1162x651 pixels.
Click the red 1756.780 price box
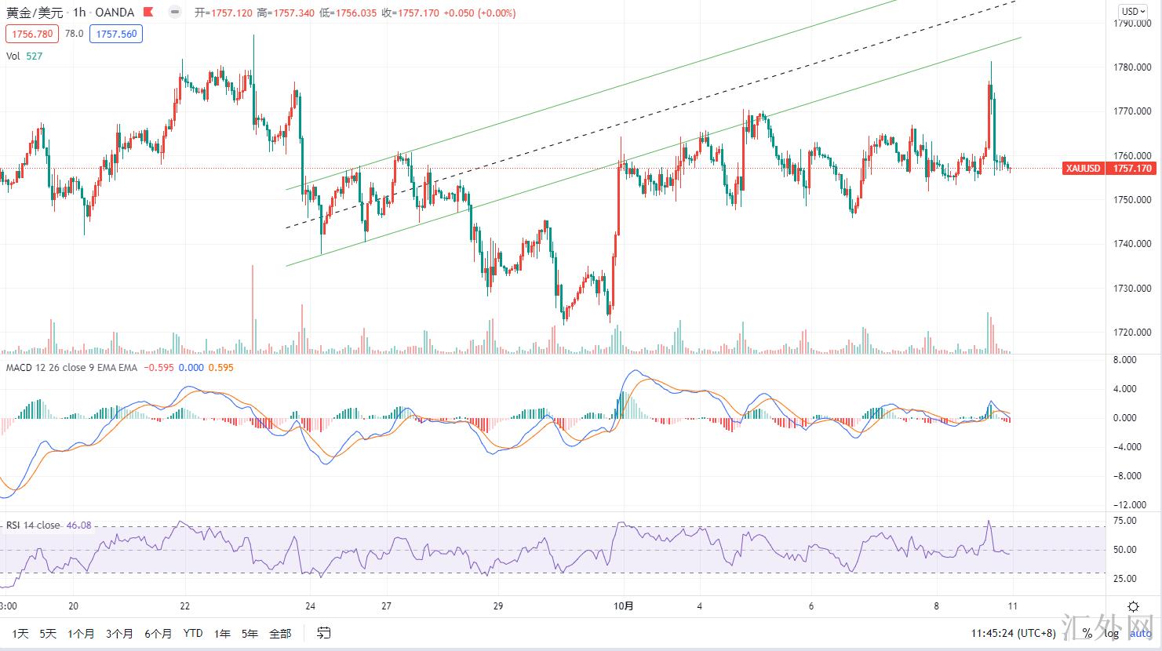32,34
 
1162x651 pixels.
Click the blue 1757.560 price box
116,34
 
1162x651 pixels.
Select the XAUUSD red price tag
1083,169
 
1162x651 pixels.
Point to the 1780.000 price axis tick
1133,67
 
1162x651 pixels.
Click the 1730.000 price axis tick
1133,289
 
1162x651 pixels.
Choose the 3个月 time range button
119,633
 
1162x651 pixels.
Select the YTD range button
192,633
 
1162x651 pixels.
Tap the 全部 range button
280,633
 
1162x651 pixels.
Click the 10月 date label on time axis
624,606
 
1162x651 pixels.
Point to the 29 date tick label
498,606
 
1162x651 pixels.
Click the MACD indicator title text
71,367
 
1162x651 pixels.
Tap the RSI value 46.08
78,526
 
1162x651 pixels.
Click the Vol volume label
13,56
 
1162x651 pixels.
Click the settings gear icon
1133,606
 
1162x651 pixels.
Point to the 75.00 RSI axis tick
1125,521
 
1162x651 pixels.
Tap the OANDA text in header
115,13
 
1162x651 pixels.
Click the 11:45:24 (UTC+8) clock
1013,633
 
